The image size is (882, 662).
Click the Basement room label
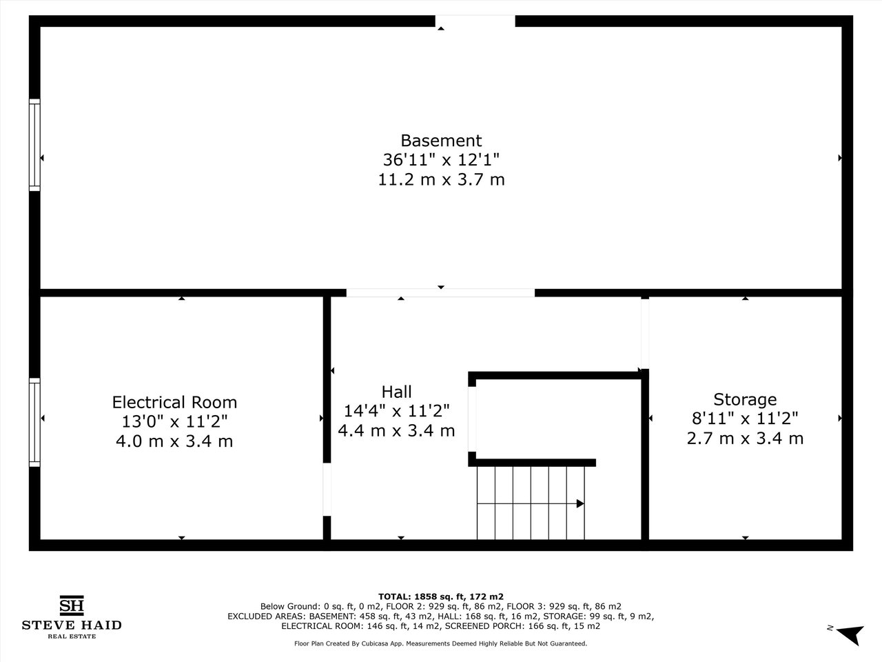pyautogui.click(x=441, y=141)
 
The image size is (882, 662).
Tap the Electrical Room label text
pyautogui.click(x=174, y=402)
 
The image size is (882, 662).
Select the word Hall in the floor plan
pyautogui.click(x=397, y=392)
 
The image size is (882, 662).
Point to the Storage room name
pyautogui.click(x=745, y=399)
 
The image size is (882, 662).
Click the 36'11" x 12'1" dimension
pyautogui.click(x=441, y=160)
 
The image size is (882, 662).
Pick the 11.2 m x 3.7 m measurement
pyautogui.click(x=441, y=179)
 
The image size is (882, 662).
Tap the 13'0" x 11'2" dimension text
pyautogui.click(x=174, y=421)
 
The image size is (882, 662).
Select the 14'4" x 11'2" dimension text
pyautogui.click(x=397, y=411)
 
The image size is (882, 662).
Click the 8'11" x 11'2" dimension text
pyautogui.click(x=745, y=419)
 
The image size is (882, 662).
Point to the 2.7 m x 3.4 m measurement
pyautogui.click(x=745, y=438)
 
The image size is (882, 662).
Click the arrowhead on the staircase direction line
pyautogui.click(x=580, y=503)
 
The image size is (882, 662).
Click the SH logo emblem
pyautogui.click(x=72, y=605)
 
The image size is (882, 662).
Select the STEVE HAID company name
pyautogui.click(x=72, y=625)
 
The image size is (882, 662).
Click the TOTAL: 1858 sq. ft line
pyautogui.click(x=441, y=597)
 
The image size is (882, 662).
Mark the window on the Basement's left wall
pyautogui.click(x=34, y=145)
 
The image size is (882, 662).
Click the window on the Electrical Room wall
pyautogui.click(x=34, y=423)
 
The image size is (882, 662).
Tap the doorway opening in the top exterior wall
pyautogui.click(x=475, y=21)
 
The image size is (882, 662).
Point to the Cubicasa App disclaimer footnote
pyautogui.click(x=441, y=643)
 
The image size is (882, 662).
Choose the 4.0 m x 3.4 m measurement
pyautogui.click(x=174, y=441)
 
